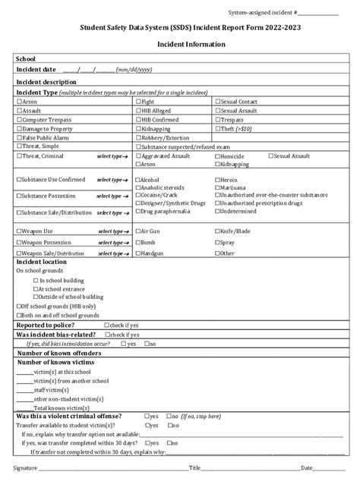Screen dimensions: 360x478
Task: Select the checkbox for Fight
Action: pyautogui.click(x=137, y=101)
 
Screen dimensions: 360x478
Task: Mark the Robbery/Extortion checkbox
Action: pyautogui.click(x=137, y=138)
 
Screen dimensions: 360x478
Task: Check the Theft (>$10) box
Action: pyautogui.click(x=219, y=129)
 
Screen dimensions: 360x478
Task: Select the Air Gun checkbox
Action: pyautogui.click(x=137, y=230)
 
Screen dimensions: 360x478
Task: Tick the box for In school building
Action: pyautogui.click(x=35, y=279)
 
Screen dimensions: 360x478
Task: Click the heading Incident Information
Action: pyautogui.click(x=180, y=45)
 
